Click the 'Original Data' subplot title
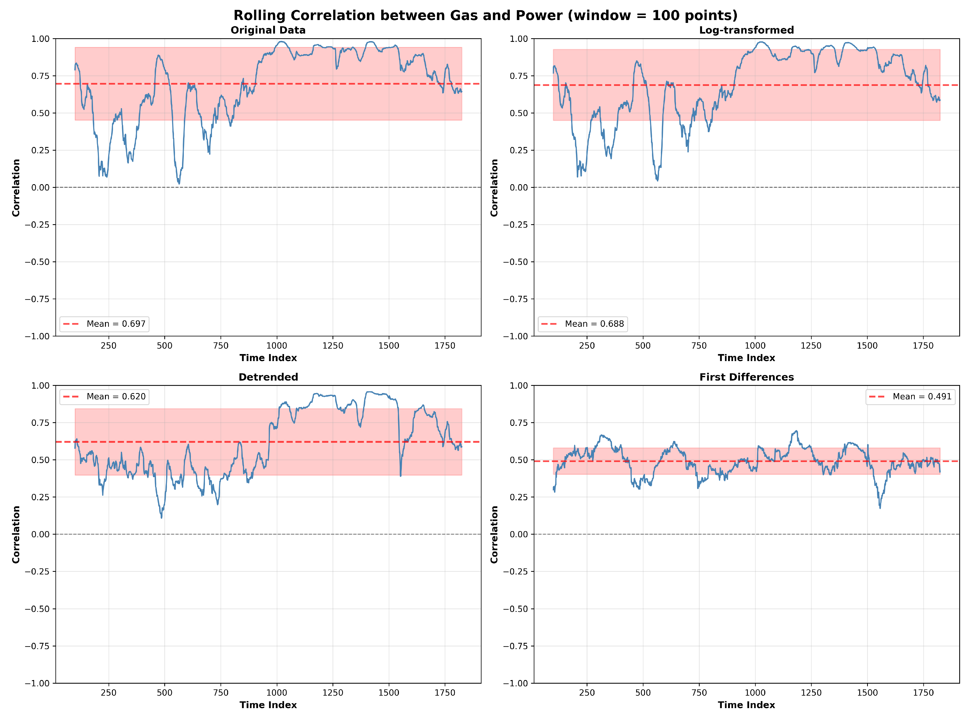268,30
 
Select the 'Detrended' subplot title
268,377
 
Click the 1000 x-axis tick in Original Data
277,345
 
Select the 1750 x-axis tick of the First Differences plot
923,692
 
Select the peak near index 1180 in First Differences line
797,431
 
